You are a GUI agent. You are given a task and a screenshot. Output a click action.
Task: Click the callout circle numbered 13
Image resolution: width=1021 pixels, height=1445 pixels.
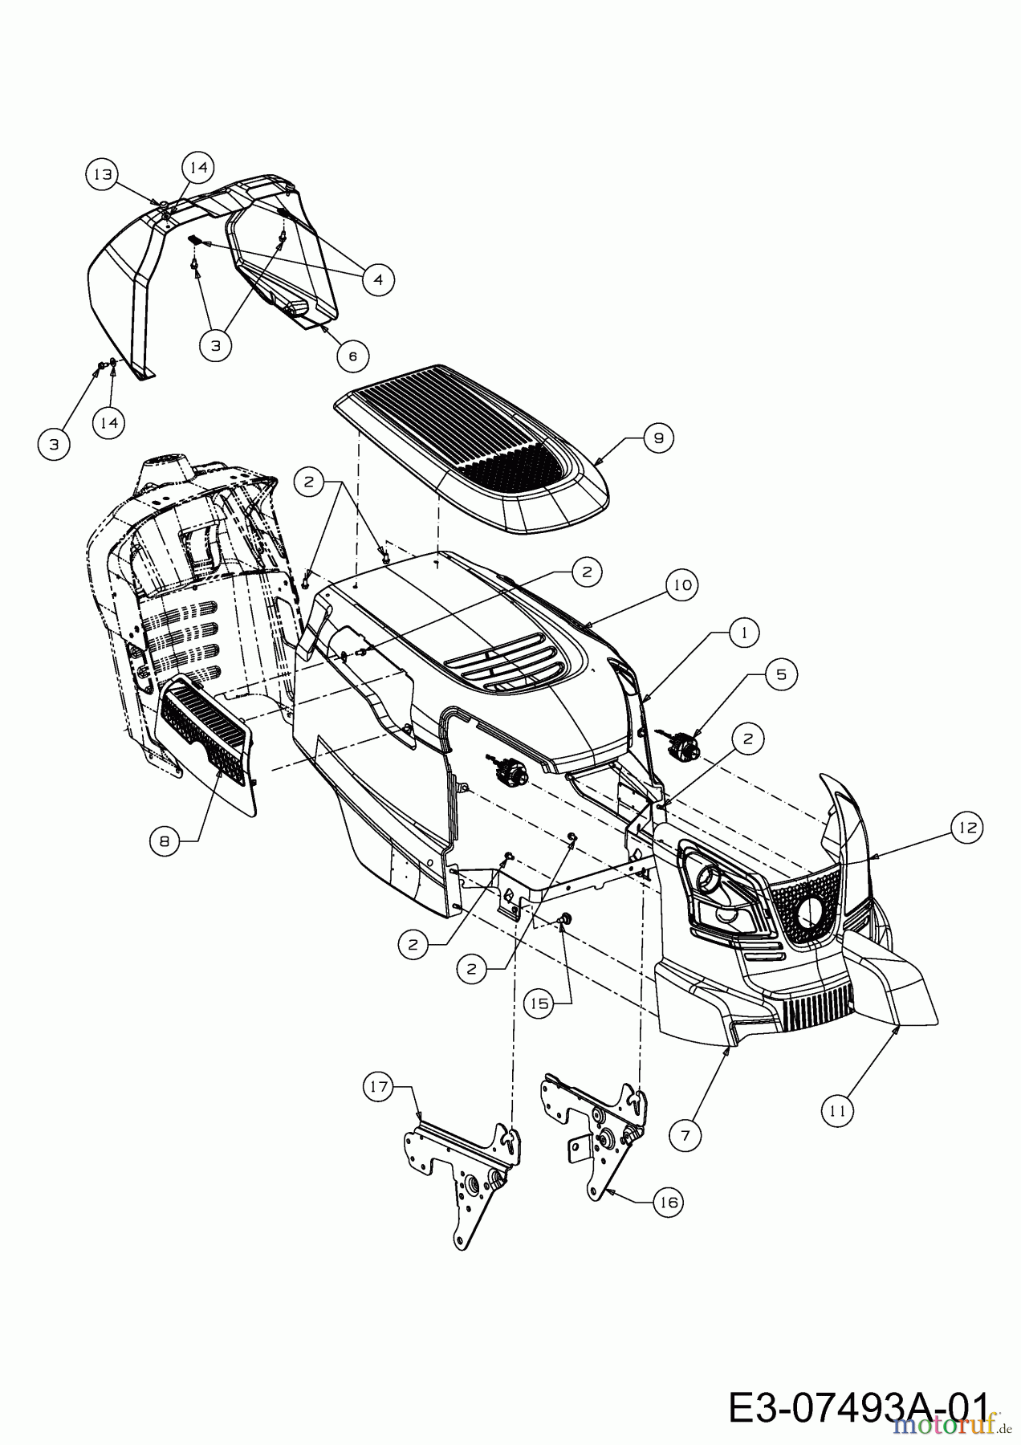[x=102, y=174]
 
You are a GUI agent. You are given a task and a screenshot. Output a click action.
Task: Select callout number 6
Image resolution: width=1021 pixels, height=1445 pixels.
[x=352, y=355]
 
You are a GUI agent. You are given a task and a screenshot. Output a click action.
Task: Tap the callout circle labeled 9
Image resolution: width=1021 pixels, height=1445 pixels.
[x=658, y=438]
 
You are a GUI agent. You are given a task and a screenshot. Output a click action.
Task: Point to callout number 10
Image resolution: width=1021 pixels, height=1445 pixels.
[x=681, y=585]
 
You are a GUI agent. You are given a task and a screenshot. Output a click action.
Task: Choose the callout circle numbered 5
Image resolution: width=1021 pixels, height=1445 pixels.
[x=781, y=674]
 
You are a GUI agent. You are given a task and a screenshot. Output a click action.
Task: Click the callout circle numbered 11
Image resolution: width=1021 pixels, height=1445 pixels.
[x=837, y=1111]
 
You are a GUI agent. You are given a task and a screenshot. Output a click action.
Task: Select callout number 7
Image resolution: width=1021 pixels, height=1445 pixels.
[x=685, y=1134]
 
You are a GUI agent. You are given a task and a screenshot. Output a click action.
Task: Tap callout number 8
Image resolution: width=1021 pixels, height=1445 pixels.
[x=165, y=841]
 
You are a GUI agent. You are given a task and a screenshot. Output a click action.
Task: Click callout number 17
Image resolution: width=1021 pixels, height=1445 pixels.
[x=378, y=1088]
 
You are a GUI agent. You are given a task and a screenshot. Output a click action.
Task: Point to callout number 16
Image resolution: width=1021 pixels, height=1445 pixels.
[x=669, y=1202]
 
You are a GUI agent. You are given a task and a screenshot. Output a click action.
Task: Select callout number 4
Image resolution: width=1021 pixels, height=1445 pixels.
[x=378, y=279]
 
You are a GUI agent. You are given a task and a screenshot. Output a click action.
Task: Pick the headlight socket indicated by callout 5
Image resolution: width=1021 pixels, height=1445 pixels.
[x=684, y=743]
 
